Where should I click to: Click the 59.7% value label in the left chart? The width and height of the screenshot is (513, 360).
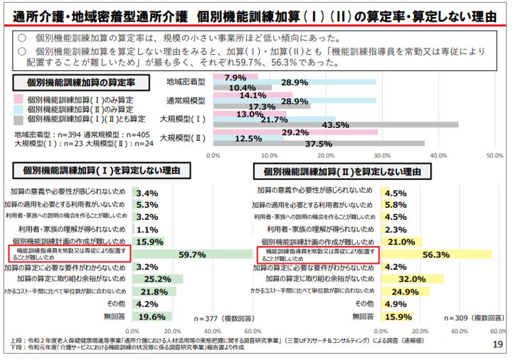point(192,254)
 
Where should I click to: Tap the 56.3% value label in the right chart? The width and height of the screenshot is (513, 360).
point(436,254)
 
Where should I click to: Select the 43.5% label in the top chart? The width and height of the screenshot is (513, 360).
point(336,125)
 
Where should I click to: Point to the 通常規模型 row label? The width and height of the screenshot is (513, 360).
point(186,100)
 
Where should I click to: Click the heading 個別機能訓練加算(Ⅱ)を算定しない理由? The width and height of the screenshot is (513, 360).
point(347,171)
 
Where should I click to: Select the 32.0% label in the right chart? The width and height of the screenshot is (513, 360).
point(411,279)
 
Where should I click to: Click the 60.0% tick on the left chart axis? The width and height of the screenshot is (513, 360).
point(252,331)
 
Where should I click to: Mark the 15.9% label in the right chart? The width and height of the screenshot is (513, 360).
point(398,317)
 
